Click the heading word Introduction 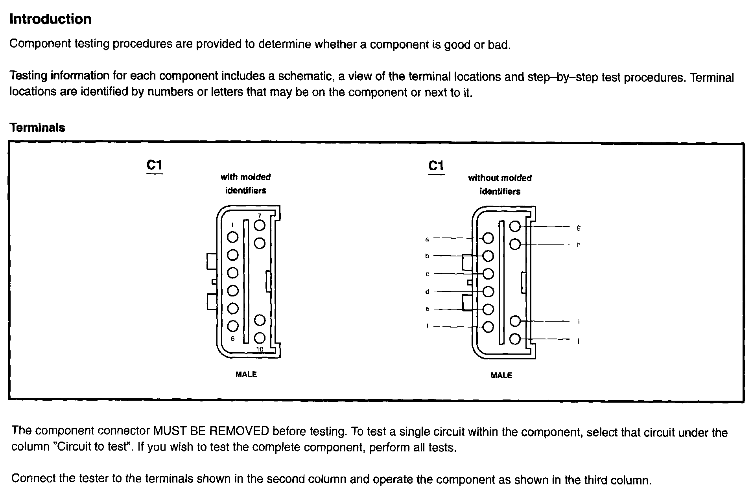click(50, 19)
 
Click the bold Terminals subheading click(37, 127)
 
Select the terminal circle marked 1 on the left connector click(233, 237)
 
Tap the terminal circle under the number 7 click(260, 225)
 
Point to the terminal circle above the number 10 click(260, 338)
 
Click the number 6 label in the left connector click(233, 339)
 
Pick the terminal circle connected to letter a click(488, 238)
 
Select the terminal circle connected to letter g click(515, 226)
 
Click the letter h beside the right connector click(579, 245)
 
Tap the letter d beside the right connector click(427, 292)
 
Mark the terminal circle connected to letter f click(488, 327)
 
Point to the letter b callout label click(427, 256)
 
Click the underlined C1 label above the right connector click(436, 166)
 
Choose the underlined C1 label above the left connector click(154, 165)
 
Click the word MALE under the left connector click(246, 374)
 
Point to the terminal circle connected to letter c click(488, 274)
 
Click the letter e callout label click(427, 309)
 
